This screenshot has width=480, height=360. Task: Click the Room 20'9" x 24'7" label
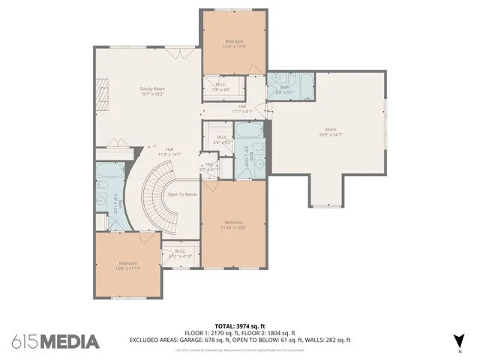coord(331,132)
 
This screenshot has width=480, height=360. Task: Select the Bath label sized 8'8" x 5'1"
coord(284,88)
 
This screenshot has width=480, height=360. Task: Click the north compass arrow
coord(460,341)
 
